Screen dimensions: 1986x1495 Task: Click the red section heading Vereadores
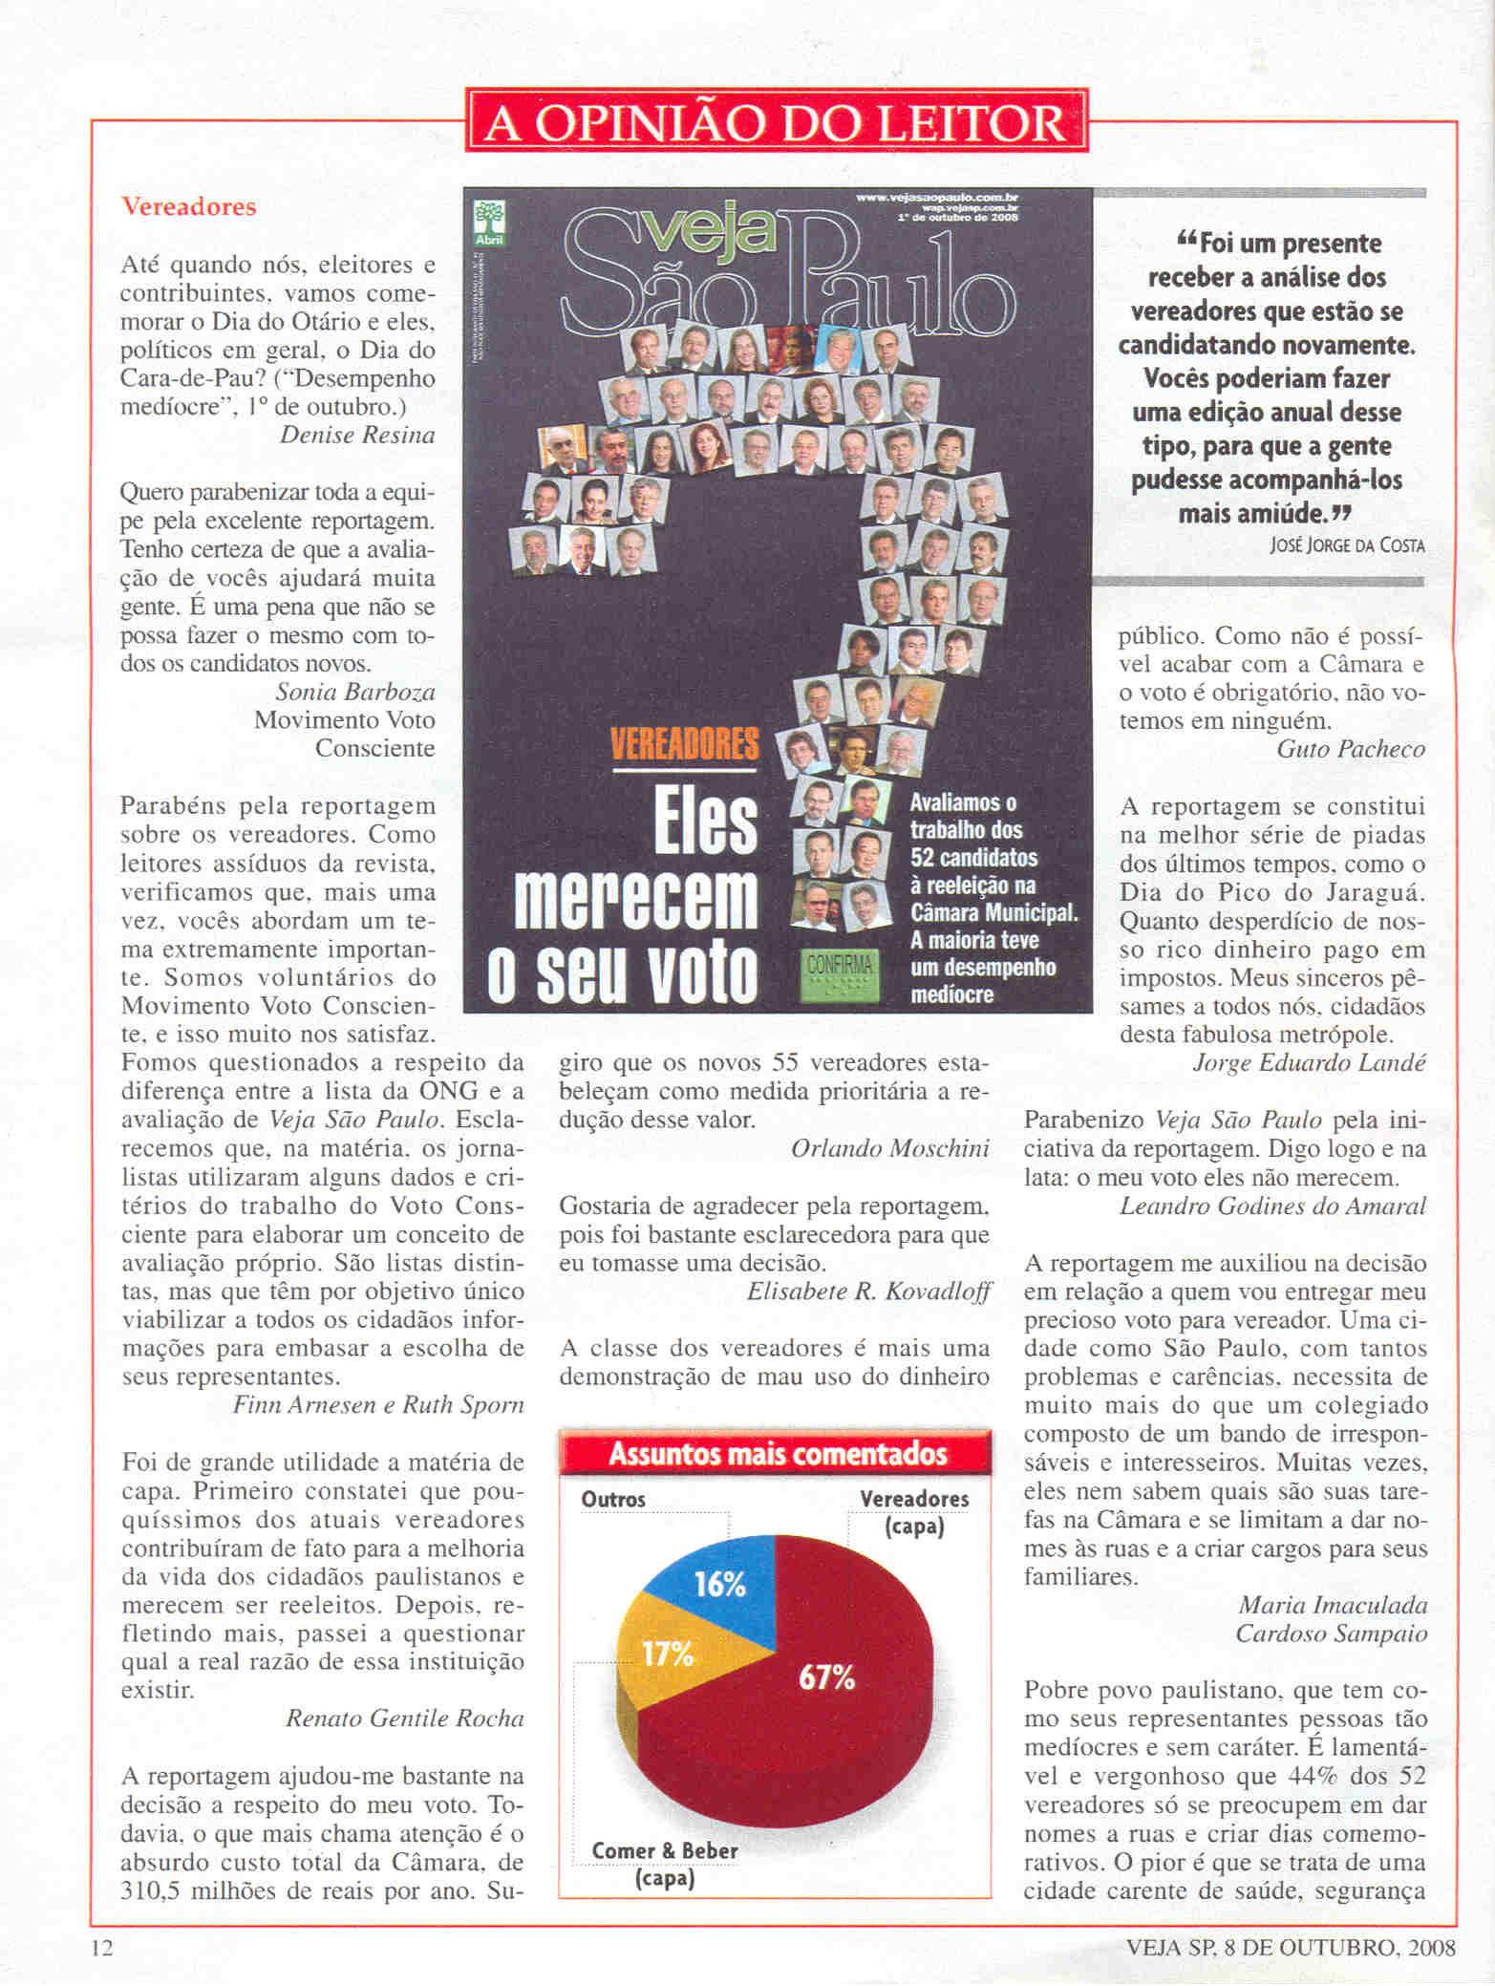pos(188,206)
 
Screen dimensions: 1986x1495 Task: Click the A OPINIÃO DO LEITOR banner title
pos(776,121)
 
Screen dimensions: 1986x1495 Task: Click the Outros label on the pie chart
pos(613,1500)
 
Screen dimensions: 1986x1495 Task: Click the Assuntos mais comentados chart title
pos(778,1455)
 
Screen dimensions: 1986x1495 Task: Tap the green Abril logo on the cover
pos(489,223)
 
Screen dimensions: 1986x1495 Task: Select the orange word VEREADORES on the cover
pos(684,743)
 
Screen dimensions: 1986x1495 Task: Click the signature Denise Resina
pos(357,436)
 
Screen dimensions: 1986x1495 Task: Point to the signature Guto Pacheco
pos(1350,749)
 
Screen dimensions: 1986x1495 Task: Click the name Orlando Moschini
pos(889,1148)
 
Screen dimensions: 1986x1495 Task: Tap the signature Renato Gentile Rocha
pos(405,1719)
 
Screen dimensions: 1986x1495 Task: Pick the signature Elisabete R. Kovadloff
pos(868,1292)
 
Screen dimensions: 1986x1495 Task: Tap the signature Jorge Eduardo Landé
pos(1309,1062)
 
